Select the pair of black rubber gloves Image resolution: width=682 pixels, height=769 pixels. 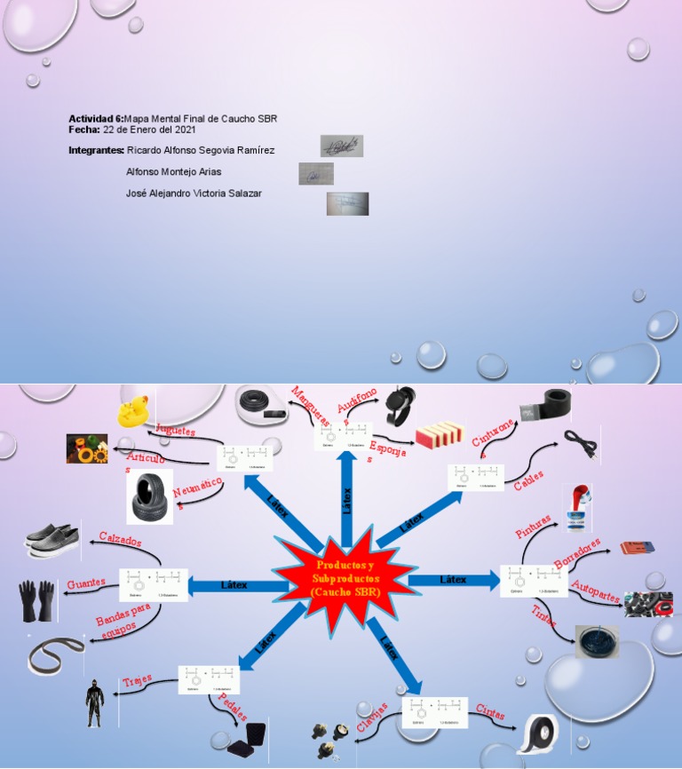[x=38, y=601]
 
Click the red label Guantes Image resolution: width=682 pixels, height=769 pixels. [x=86, y=583]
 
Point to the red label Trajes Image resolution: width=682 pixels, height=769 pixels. [x=137, y=681]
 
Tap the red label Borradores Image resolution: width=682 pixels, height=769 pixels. [x=577, y=551]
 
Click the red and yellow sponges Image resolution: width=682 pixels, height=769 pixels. [x=440, y=433]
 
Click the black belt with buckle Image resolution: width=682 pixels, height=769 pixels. [x=544, y=403]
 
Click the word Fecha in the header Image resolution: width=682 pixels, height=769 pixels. [x=84, y=130]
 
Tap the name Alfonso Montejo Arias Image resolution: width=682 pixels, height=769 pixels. [x=174, y=171]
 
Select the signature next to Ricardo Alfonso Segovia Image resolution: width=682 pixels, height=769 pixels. [x=342, y=146]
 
